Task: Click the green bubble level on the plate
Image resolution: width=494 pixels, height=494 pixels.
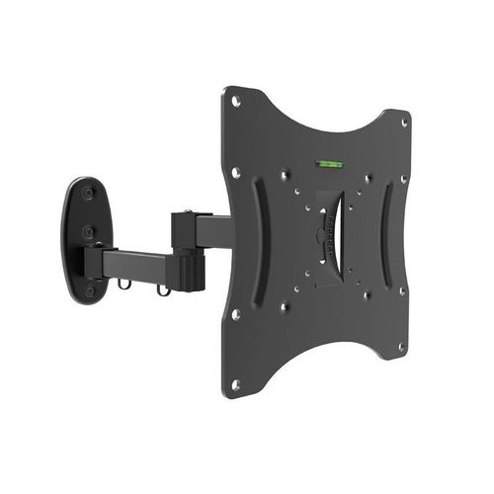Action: click(x=325, y=161)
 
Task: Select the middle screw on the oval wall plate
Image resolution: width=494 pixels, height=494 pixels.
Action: click(x=88, y=232)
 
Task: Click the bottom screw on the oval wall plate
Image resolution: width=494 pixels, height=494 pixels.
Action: click(x=90, y=290)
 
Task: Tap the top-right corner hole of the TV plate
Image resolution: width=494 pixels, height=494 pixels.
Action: click(x=404, y=122)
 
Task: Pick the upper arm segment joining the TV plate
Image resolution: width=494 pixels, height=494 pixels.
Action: click(x=213, y=231)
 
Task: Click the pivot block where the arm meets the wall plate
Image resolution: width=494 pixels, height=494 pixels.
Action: click(x=96, y=263)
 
